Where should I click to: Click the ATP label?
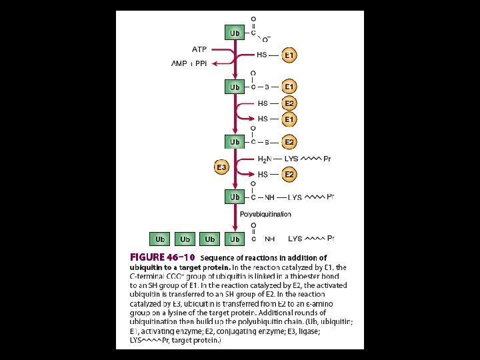199,49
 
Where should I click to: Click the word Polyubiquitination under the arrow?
265,214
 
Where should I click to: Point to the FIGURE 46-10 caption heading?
162,257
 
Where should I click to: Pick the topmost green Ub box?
235,33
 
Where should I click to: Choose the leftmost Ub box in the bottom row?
160,239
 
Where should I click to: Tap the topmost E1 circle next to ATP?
289,55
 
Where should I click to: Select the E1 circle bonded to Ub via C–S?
289,87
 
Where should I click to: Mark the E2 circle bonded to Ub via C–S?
289,142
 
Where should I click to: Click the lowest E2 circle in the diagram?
289,175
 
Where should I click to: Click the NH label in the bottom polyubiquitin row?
270,239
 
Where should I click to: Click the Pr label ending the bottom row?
331,239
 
